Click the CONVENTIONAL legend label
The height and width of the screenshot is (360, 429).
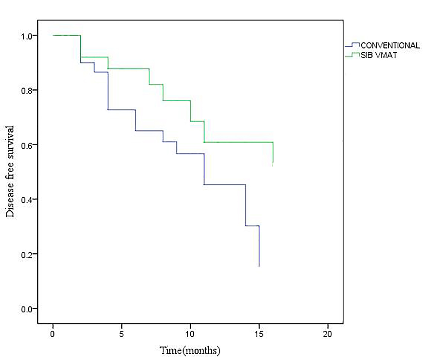pyautogui.click(x=390, y=45)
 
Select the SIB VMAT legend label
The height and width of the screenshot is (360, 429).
pyautogui.click(x=378, y=55)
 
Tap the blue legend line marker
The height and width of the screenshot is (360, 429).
pyautogui.click(x=352, y=45)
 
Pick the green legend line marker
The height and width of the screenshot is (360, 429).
pyautogui.click(x=352, y=55)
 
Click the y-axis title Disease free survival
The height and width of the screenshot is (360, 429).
pyautogui.click(x=10, y=171)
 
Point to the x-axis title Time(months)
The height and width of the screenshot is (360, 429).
pyautogui.click(x=190, y=350)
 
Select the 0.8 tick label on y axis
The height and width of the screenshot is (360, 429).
pyautogui.click(x=26, y=91)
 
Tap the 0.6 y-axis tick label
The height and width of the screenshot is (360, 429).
pyautogui.click(x=26, y=145)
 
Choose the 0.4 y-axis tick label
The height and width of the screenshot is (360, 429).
pyautogui.click(x=26, y=200)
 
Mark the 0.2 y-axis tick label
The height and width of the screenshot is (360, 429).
pyautogui.click(x=26, y=254)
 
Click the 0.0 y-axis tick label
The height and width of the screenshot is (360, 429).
pyautogui.click(x=26, y=309)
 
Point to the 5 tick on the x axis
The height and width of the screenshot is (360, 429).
pyautogui.click(x=121, y=334)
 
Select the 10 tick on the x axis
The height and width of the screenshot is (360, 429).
pyautogui.click(x=190, y=334)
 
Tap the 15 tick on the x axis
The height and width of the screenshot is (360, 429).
pyautogui.click(x=259, y=334)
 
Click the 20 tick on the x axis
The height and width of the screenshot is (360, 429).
pyautogui.click(x=328, y=334)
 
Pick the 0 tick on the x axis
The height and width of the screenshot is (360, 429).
pyautogui.click(x=53, y=334)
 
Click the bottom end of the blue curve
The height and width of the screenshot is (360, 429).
pyautogui.click(x=259, y=266)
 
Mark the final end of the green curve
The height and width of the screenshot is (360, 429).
pyautogui.click(x=273, y=165)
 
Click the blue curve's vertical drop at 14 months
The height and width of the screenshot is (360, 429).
pyautogui.click(x=246, y=205)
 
